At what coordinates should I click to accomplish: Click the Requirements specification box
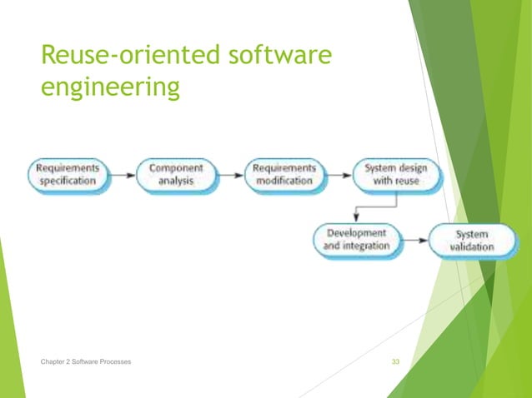(68, 174)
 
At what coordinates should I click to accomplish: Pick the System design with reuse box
(395, 174)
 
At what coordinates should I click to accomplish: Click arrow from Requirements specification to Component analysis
(121, 175)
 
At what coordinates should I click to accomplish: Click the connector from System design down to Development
(357, 206)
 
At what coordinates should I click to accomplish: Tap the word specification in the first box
(68, 181)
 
